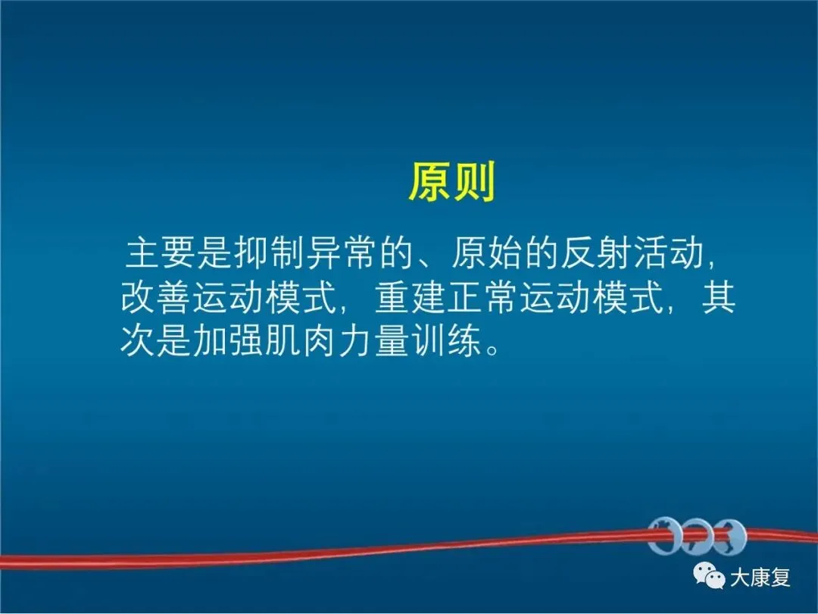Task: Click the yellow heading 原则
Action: (x=451, y=182)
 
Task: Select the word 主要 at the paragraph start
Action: (x=161, y=254)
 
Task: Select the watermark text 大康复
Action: (x=760, y=578)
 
